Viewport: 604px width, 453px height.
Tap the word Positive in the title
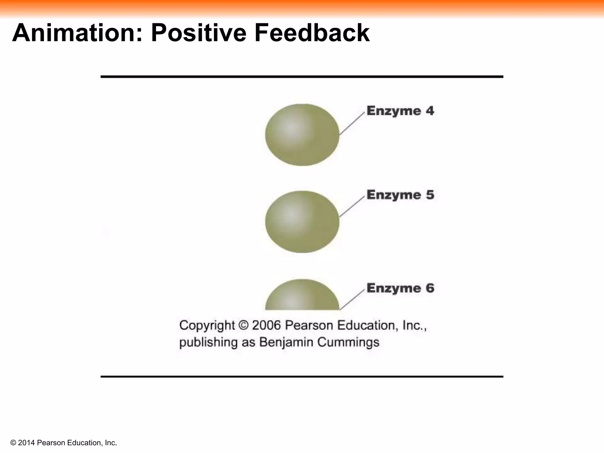198,33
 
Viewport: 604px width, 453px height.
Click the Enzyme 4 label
400,111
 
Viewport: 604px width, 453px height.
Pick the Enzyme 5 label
400,195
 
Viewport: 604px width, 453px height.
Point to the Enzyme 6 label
400,288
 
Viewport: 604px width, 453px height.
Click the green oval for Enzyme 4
302,135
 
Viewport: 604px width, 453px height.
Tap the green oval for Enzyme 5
302,222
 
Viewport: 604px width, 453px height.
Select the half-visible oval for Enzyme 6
302,296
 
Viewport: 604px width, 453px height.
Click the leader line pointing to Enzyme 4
352,124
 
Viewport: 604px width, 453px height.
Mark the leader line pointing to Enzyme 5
352,207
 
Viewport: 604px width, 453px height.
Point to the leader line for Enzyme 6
352,300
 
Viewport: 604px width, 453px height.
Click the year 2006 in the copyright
266,325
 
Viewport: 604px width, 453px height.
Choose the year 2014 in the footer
27,443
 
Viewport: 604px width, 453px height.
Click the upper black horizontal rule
302,77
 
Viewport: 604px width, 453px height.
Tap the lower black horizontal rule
302,377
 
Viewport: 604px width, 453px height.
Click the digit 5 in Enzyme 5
430,195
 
